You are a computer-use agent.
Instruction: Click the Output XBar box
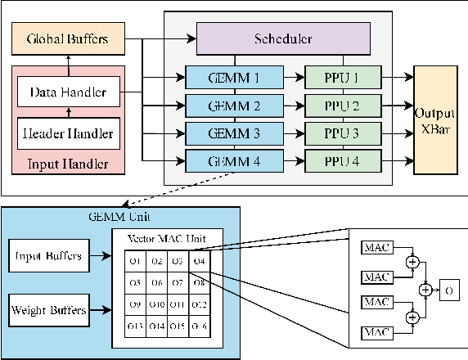click(x=435, y=119)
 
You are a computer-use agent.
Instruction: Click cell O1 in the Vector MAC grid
click(x=136, y=262)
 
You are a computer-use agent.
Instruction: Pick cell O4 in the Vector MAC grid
click(x=200, y=262)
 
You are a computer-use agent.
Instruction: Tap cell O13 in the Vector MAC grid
click(x=136, y=326)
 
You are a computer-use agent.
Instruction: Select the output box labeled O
click(x=449, y=290)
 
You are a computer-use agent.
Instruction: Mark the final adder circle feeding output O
click(x=425, y=290)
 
